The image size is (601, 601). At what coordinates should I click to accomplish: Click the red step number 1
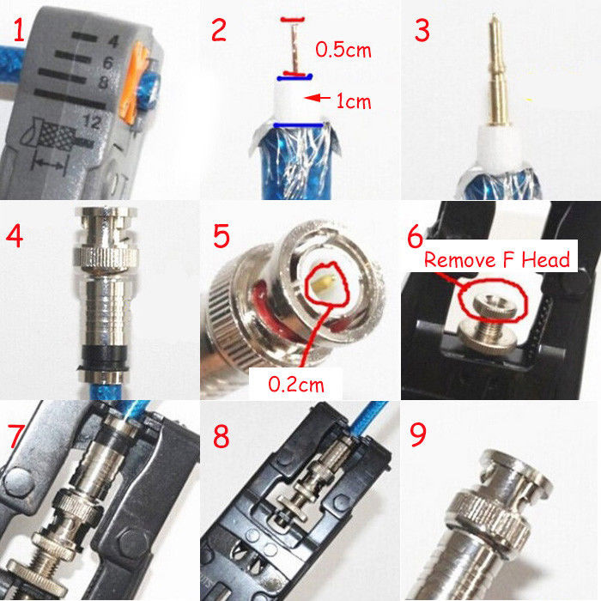point(19,30)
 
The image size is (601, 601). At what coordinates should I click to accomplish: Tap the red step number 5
point(222,236)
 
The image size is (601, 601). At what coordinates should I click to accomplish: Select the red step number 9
point(418,434)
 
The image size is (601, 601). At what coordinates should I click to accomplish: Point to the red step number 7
point(17,436)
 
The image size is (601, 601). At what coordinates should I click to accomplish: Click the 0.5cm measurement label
point(343,50)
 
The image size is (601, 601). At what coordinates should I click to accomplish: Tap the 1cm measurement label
point(354,101)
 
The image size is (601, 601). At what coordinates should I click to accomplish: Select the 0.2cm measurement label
point(296,384)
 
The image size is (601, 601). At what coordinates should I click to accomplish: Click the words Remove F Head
point(497,260)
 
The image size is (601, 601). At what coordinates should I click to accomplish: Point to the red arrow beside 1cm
point(318,98)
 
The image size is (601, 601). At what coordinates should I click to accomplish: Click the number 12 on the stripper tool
point(92,122)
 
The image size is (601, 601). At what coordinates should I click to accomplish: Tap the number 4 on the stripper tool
point(113,40)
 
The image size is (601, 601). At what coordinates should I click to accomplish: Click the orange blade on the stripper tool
point(135,83)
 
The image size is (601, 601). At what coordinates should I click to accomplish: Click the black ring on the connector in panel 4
point(105,357)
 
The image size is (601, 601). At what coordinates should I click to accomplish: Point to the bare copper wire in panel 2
point(294,47)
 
